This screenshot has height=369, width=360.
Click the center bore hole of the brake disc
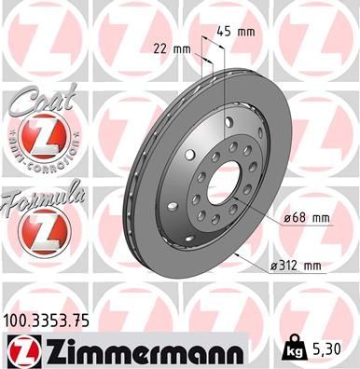(x=223, y=184)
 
